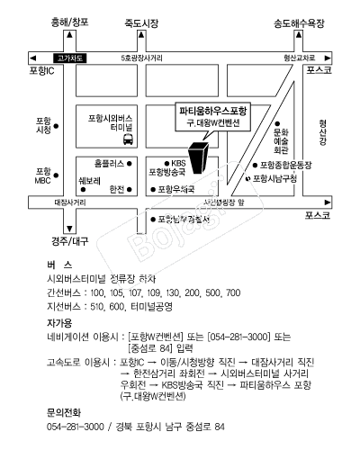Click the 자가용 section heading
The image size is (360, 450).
click(59, 322)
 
